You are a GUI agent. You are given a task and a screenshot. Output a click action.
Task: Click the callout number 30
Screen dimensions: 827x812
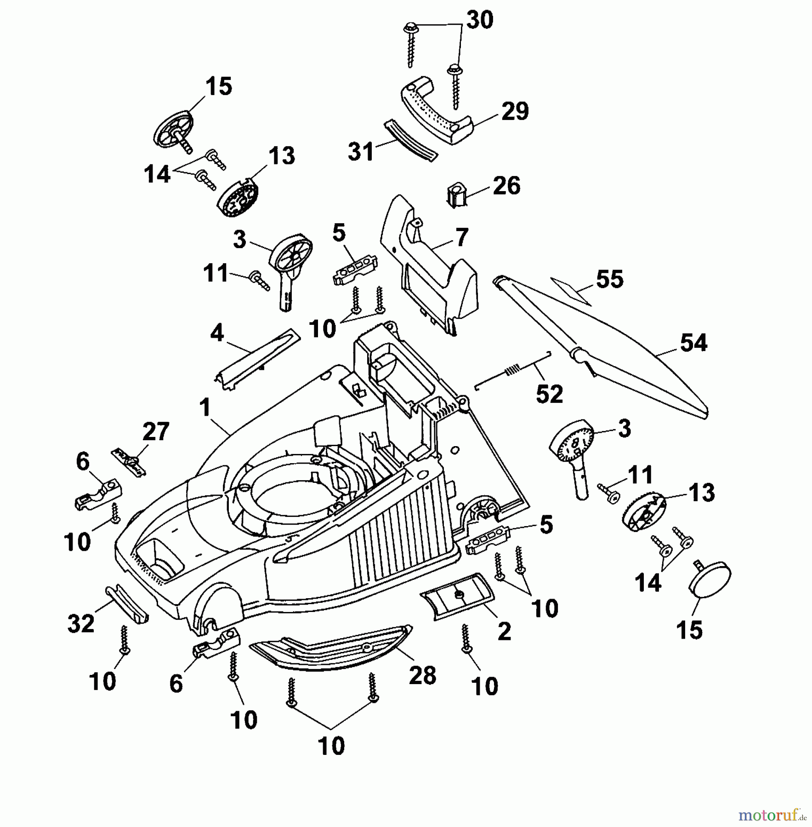click(x=480, y=21)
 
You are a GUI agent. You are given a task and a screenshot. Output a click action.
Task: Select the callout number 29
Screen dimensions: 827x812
click(x=515, y=112)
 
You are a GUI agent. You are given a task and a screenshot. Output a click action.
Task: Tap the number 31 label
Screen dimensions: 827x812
click(x=361, y=152)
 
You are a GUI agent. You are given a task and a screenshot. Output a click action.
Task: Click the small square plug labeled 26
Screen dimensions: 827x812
click(x=456, y=195)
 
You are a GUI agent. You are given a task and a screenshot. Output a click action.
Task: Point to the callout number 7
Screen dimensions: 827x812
click(x=461, y=238)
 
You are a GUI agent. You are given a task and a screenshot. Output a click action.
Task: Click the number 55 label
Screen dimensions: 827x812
click(x=609, y=279)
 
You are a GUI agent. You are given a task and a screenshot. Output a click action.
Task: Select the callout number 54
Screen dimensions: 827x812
click(x=693, y=344)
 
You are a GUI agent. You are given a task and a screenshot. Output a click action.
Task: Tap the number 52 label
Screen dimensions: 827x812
click(x=549, y=394)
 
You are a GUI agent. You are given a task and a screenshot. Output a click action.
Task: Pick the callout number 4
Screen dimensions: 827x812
click(x=216, y=333)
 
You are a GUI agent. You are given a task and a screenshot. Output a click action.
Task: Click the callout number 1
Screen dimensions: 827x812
click(x=205, y=408)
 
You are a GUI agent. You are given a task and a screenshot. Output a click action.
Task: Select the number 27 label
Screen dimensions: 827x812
click(x=155, y=432)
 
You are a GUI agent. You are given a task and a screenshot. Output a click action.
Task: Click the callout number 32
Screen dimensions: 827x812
click(x=81, y=623)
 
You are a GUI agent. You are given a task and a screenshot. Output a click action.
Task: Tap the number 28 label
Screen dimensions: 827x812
click(x=422, y=675)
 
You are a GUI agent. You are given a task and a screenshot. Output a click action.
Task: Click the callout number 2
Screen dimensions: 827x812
click(x=504, y=632)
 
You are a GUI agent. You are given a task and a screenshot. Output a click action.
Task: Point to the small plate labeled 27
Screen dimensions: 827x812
click(x=129, y=461)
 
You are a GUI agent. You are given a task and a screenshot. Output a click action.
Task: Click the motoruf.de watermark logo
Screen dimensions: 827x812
click(x=772, y=815)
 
